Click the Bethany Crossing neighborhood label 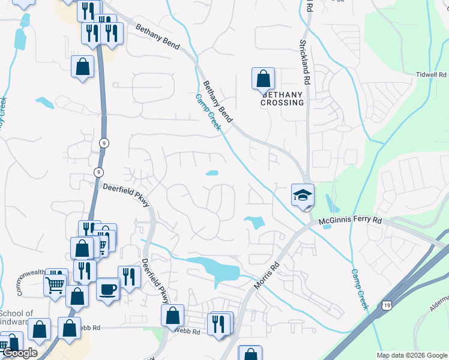[282, 98]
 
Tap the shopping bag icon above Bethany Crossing [263, 78]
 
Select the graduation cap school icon [303, 194]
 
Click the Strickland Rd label [305, 62]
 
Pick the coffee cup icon [107, 289]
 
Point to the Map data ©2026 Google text [412, 355]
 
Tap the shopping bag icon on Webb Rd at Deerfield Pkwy [172, 315]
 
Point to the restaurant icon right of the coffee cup [129, 276]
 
